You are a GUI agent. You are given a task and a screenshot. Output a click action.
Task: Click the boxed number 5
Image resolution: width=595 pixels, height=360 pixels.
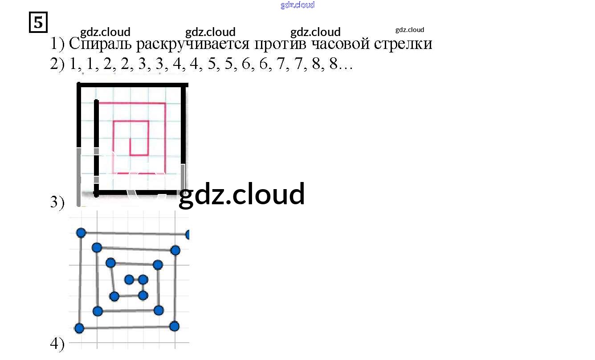[x=38, y=22]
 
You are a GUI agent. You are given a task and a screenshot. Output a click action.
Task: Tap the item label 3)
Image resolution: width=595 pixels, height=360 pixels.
[x=57, y=202]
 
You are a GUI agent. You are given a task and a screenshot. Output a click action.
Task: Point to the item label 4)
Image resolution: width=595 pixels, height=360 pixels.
[x=57, y=344]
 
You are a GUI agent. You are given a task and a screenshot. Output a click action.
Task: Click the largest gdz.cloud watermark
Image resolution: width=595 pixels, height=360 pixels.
[x=241, y=194]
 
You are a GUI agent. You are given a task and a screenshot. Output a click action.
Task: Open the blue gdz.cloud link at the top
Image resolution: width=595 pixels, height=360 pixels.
[x=297, y=5]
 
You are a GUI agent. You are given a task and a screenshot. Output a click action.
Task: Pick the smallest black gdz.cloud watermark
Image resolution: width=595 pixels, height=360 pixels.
[x=410, y=30]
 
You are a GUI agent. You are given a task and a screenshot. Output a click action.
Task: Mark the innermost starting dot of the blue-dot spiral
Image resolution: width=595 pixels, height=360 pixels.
[x=129, y=279]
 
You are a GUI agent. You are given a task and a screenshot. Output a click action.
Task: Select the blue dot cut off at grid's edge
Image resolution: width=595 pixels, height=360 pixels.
[x=187, y=235]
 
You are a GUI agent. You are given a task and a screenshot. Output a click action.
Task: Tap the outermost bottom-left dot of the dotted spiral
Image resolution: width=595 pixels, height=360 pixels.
[x=79, y=328]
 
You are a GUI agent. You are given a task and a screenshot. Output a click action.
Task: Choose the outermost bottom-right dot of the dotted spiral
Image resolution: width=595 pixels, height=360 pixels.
[x=174, y=326]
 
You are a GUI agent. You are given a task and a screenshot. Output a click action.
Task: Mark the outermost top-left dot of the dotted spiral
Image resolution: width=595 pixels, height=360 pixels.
[x=81, y=233]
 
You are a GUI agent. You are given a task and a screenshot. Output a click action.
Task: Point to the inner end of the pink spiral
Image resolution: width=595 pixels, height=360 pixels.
[x=130, y=139]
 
